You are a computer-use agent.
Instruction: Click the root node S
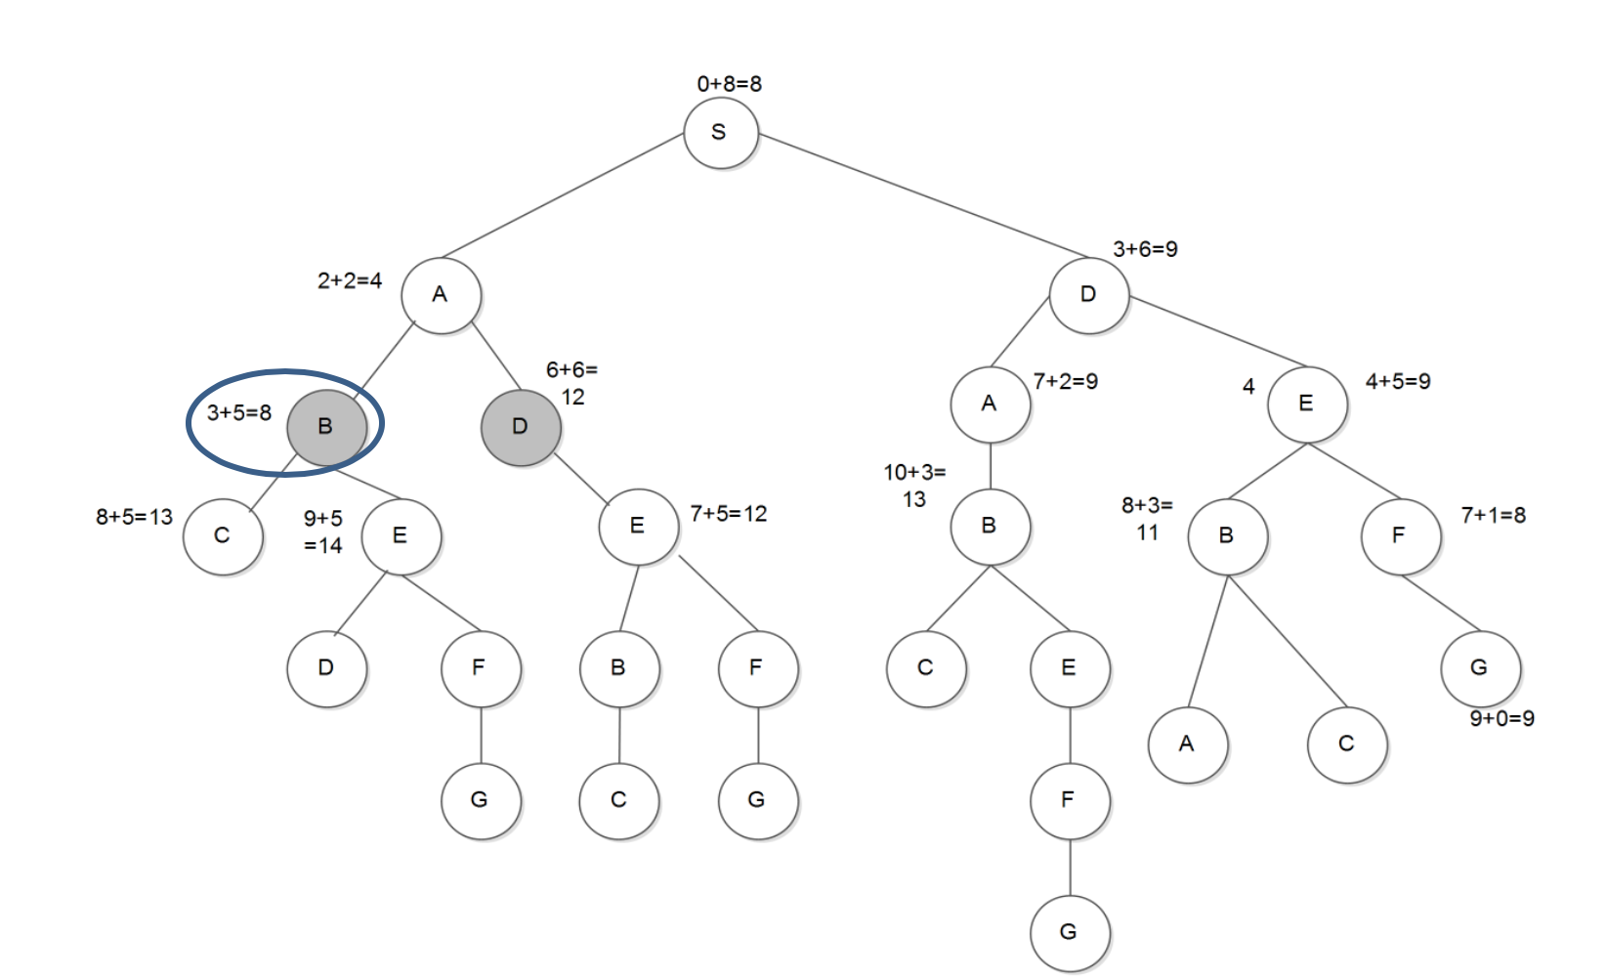[x=720, y=133]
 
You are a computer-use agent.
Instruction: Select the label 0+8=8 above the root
[x=729, y=84]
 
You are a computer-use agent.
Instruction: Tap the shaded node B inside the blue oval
[x=326, y=427]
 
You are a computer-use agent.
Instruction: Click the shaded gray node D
[x=521, y=427]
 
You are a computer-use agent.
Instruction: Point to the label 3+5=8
[x=239, y=413]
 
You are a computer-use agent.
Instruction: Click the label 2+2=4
[x=350, y=281]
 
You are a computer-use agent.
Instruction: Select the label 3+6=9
[x=1145, y=250]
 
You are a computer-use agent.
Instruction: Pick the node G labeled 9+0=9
[x=1480, y=668]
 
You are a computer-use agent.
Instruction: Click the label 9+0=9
[x=1501, y=719]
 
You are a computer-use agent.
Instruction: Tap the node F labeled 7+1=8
[x=1400, y=535]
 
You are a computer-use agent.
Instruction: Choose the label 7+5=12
[x=729, y=514]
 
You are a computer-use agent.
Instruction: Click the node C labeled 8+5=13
[x=223, y=536]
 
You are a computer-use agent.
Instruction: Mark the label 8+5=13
[x=134, y=517]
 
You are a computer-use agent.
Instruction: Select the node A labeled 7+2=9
[x=990, y=404]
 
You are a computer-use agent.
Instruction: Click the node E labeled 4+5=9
[x=1306, y=404]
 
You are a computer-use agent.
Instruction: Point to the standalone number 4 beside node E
[x=1248, y=387]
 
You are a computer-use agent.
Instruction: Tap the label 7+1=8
[x=1493, y=515]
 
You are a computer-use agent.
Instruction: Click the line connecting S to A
[x=562, y=196]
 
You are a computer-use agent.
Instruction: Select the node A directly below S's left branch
[x=441, y=295]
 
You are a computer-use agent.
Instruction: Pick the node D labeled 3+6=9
[x=1088, y=295]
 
